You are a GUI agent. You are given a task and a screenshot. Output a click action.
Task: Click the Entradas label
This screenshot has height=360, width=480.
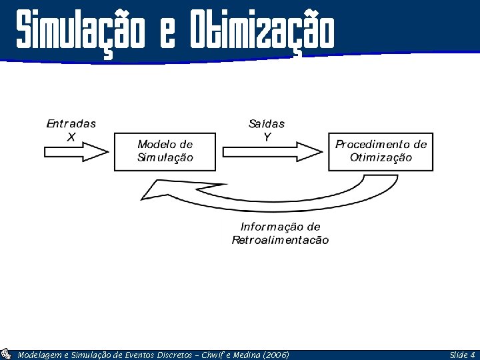71,123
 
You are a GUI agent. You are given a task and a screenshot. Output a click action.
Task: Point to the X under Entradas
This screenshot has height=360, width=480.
71,137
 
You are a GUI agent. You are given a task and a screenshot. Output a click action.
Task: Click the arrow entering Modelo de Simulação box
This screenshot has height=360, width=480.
76,152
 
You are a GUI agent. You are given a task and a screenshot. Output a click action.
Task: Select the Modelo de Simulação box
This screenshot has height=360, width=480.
165,151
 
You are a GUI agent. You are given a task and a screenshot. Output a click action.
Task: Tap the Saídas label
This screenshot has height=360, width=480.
267,123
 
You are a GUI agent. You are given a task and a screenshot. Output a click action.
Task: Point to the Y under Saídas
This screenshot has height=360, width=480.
267,137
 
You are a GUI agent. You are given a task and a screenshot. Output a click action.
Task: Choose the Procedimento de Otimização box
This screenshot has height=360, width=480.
381,151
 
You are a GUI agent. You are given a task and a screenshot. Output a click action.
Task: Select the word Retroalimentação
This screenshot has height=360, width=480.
280,240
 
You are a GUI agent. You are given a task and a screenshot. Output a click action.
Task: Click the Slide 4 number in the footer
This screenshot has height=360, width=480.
462,355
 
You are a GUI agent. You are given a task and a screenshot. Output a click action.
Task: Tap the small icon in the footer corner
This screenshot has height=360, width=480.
7,354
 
